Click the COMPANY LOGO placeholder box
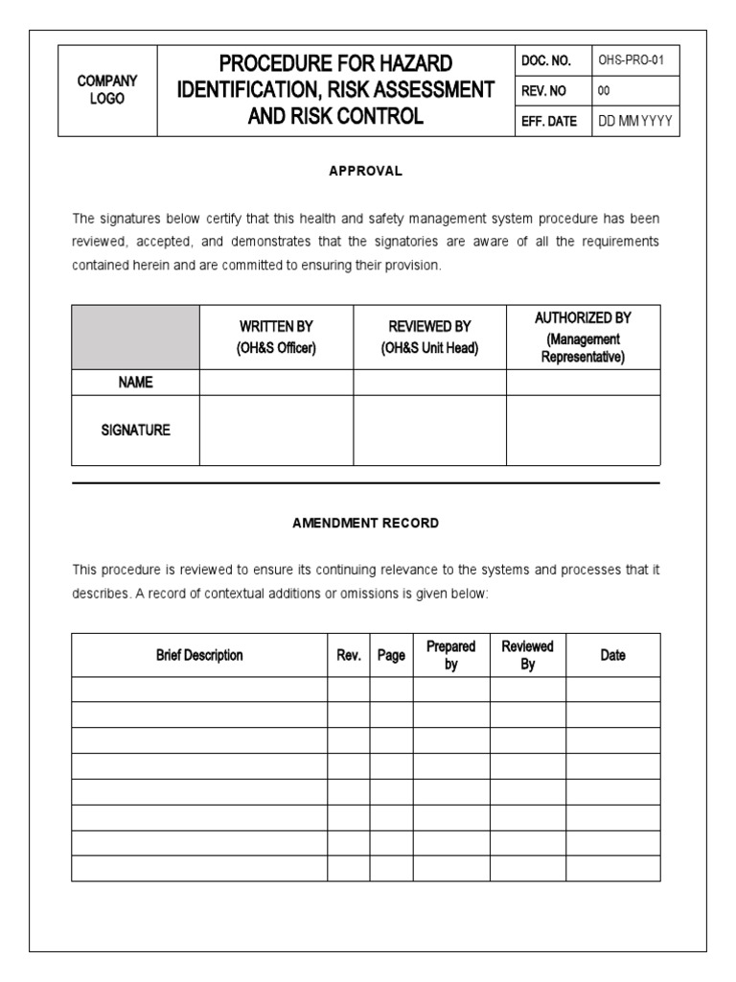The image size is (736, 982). point(107,90)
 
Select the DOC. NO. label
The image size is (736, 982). point(545,60)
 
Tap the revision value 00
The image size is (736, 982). point(604,91)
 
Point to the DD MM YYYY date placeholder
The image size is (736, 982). point(635,122)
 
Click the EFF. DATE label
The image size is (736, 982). point(548,122)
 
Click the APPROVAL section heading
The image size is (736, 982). point(365,171)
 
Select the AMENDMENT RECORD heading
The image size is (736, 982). point(365,524)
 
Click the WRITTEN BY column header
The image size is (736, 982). point(276,337)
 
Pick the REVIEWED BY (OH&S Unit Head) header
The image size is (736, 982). point(429,337)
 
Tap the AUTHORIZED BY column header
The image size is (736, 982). point(583,337)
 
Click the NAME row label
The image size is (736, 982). point(135,382)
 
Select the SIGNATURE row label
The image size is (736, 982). point(135,431)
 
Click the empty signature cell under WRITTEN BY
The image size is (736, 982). point(276,431)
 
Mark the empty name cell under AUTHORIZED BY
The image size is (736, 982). point(583,382)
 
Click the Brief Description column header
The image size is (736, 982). point(199,655)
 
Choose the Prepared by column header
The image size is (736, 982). point(450,655)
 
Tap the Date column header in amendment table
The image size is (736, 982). point(612,655)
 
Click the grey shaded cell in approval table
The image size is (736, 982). point(135,337)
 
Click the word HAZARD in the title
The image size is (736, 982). point(414,64)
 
